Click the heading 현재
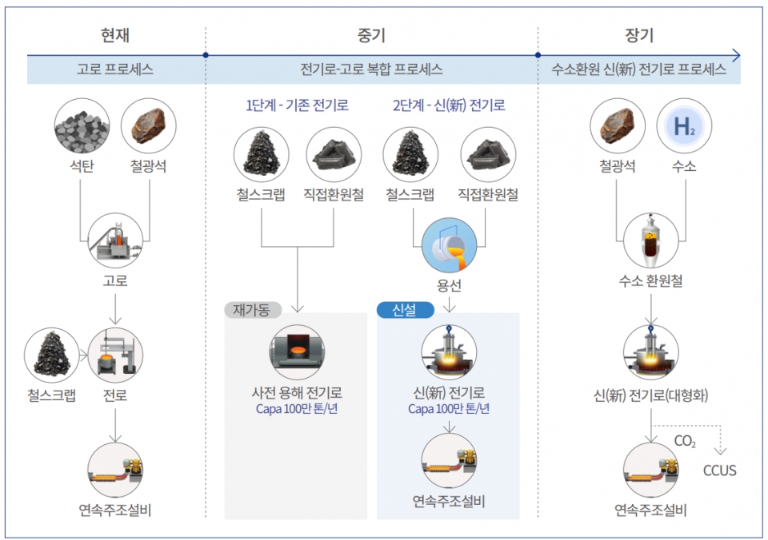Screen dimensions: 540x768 tap(115, 36)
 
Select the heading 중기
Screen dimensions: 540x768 tap(371, 36)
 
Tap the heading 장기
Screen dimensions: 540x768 tap(638, 36)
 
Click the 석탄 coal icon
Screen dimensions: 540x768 tap(82, 127)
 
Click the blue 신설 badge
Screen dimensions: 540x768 tap(406, 309)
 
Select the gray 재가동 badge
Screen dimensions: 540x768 tap(253, 309)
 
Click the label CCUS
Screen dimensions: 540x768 tap(719, 471)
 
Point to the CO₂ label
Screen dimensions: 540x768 tap(685, 441)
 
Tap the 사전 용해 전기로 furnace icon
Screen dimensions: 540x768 tap(297, 352)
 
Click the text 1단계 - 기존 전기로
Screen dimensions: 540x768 tap(297, 105)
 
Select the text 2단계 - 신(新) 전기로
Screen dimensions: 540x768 tap(449, 105)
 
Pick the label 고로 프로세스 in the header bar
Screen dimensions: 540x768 tap(115, 69)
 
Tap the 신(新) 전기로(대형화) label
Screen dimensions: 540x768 tap(650, 395)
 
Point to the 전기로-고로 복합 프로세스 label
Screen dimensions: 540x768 tap(371, 69)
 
